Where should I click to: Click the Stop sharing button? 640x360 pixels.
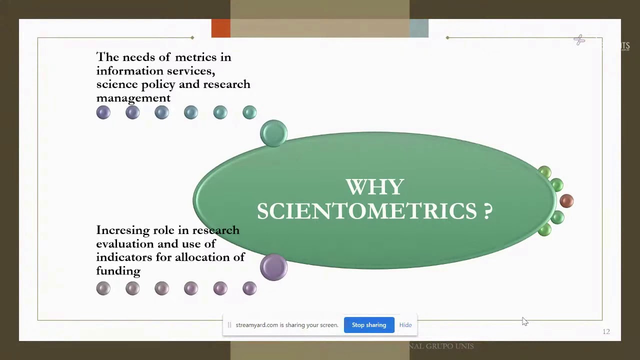(x=369, y=325)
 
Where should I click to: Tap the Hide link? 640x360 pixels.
(x=405, y=325)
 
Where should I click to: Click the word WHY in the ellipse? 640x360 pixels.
(x=374, y=187)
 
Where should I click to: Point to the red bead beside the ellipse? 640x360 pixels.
(x=566, y=201)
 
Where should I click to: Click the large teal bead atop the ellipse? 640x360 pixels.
(x=273, y=133)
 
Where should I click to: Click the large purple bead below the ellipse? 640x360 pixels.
(x=273, y=266)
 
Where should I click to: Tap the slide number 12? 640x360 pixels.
(x=606, y=331)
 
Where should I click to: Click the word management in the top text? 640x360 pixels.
(x=133, y=98)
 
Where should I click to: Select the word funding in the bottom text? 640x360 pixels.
(x=118, y=271)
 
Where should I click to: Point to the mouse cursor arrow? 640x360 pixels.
(x=524, y=321)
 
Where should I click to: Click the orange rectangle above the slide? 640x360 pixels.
(x=221, y=28)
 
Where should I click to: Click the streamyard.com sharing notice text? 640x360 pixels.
(x=286, y=325)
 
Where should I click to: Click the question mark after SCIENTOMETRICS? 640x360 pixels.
(x=488, y=211)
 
